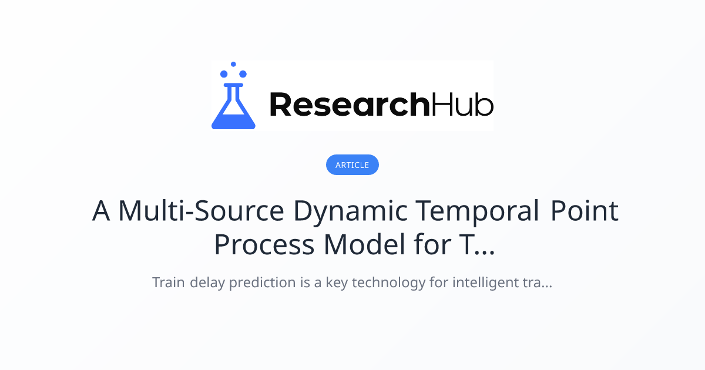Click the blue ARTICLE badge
click(x=352, y=164)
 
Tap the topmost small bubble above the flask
click(x=233, y=64)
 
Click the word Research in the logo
click(x=350, y=104)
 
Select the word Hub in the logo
click(x=462, y=104)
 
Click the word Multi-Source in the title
click(x=202, y=211)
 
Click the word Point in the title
click(x=585, y=211)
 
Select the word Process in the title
click(x=264, y=244)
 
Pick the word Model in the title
click(x=364, y=244)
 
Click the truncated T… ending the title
click(x=477, y=244)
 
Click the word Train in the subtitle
click(x=169, y=282)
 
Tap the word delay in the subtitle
click(x=207, y=283)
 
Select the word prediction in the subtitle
click(x=262, y=283)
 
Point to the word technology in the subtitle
click(x=389, y=283)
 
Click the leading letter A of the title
click(x=101, y=211)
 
